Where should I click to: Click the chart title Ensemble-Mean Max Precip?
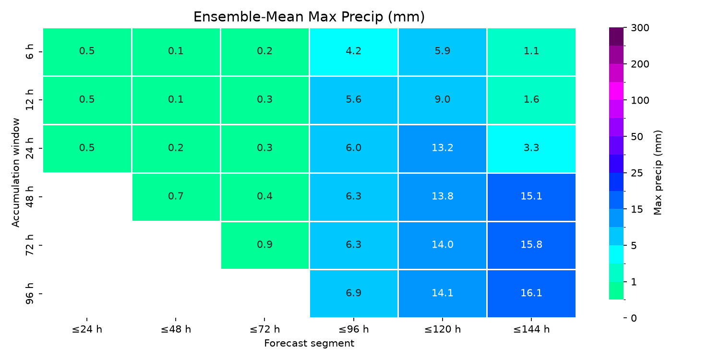click(x=309, y=17)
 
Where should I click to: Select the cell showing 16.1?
click(x=531, y=293)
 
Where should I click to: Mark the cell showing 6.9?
click(x=354, y=293)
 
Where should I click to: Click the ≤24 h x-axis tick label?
click(x=87, y=329)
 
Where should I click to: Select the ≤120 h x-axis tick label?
click(x=442, y=329)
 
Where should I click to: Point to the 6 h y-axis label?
click(x=29, y=52)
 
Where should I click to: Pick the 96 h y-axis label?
click(x=29, y=293)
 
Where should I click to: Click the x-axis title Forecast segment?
click(x=309, y=343)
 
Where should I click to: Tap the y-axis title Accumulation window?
click(x=15, y=173)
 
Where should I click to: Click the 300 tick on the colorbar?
click(x=640, y=28)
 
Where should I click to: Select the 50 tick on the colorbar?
click(x=637, y=137)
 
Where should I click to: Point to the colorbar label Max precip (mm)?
click(x=658, y=173)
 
